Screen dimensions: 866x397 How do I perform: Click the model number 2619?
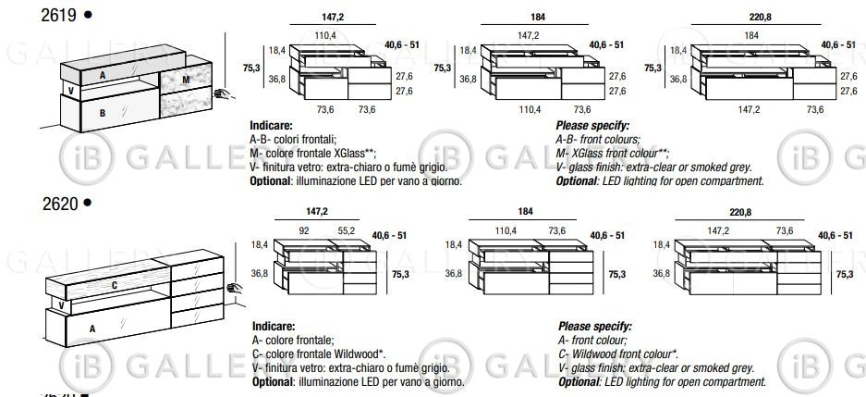pyautogui.click(x=58, y=16)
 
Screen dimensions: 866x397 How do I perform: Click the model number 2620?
pyautogui.click(x=60, y=204)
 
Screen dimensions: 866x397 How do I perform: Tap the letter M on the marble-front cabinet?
pyautogui.click(x=186, y=80)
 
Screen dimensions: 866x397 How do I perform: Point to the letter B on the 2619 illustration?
pyautogui.click(x=103, y=113)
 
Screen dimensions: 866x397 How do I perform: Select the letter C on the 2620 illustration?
pyautogui.click(x=115, y=285)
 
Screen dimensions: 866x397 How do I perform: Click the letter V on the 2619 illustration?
pyautogui.click(x=70, y=90)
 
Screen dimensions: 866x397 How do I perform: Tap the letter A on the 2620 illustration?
pyautogui.click(x=92, y=329)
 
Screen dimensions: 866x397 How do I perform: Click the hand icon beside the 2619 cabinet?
pyautogui.click(x=224, y=94)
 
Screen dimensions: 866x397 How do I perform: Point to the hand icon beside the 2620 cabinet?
pyautogui.click(x=235, y=288)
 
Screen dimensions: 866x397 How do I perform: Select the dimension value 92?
pyautogui.click(x=304, y=231)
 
